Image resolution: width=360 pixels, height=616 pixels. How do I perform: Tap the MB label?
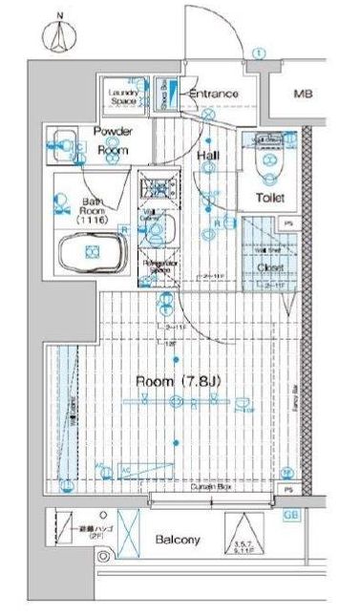[x=303, y=95]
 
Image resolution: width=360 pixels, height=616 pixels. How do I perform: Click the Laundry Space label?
[x=123, y=96]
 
